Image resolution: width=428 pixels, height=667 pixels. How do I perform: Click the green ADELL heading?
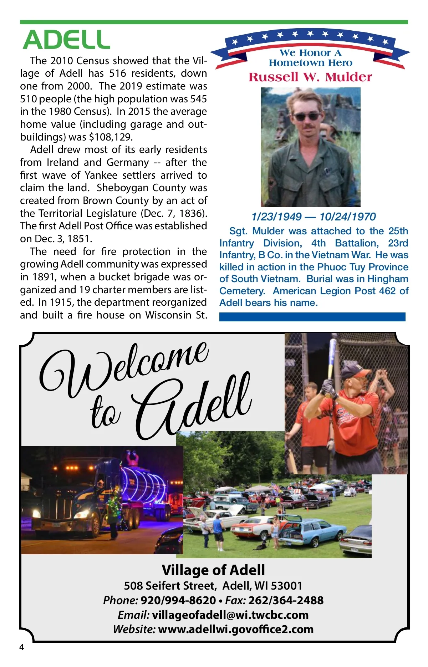(66, 40)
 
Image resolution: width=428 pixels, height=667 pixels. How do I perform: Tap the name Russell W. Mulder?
(310, 77)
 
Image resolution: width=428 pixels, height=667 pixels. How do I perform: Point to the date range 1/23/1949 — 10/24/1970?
(314, 217)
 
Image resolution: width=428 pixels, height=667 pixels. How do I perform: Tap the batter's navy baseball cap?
(355, 371)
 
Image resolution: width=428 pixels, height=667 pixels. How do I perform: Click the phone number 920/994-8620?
(178, 600)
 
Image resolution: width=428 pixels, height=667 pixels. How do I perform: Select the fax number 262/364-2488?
(286, 600)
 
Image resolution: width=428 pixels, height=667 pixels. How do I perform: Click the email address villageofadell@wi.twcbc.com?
(230, 615)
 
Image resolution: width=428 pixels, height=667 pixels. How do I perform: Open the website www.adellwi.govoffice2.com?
(236, 629)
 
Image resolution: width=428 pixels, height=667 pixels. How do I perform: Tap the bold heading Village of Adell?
(213, 570)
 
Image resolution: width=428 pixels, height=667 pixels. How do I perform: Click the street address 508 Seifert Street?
(170, 586)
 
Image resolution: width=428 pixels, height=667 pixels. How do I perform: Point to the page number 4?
(22, 647)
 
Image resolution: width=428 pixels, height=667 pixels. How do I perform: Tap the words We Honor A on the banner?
(310, 53)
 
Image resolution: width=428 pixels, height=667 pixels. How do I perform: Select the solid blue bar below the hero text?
(312, 317)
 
